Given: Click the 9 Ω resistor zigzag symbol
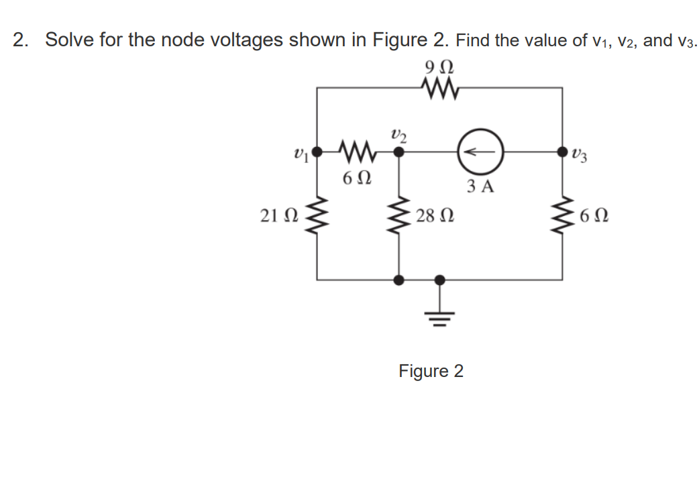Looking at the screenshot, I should (x=439, y=87).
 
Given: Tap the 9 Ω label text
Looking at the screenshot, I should (x=439, y=67).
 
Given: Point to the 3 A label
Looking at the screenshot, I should (x=479, y=186).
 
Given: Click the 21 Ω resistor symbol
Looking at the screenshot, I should (x=317, y=215).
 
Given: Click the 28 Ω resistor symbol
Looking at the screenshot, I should (x=400, y=215).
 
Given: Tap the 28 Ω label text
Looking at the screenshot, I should (x=434, y=216).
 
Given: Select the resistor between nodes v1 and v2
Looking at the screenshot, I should (x=358, y=152).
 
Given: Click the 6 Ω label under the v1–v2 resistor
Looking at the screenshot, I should (x=355, y=179).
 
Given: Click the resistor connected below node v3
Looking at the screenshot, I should (x=562, y=215).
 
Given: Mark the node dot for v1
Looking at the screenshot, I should (x=317, y=152).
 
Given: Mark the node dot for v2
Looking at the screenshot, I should (x=399, y=152).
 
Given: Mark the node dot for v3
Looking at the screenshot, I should (x=562, y=152).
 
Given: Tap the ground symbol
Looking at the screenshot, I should (x=440, y=310).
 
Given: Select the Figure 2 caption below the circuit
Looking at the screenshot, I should (x=431, y=371).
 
